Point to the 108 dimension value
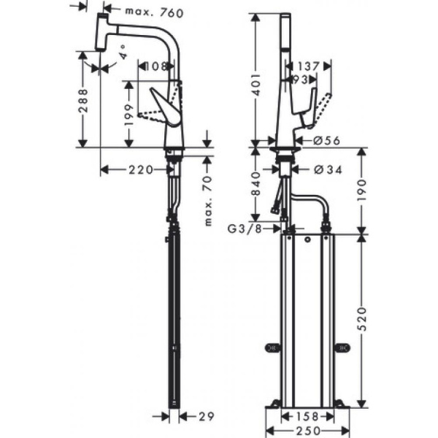(x=155, y=66)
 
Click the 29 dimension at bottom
(x=206, y=416)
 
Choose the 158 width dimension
(x=306, y=416)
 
